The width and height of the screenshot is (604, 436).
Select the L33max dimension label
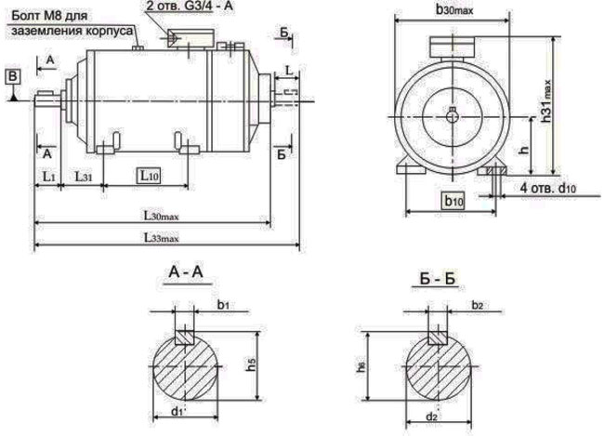(x=161, y=239)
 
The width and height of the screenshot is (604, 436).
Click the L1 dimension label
(x=48, y=174)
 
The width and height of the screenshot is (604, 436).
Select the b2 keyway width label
(x=478, y=305)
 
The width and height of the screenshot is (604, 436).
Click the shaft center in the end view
(x=452, y=113)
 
